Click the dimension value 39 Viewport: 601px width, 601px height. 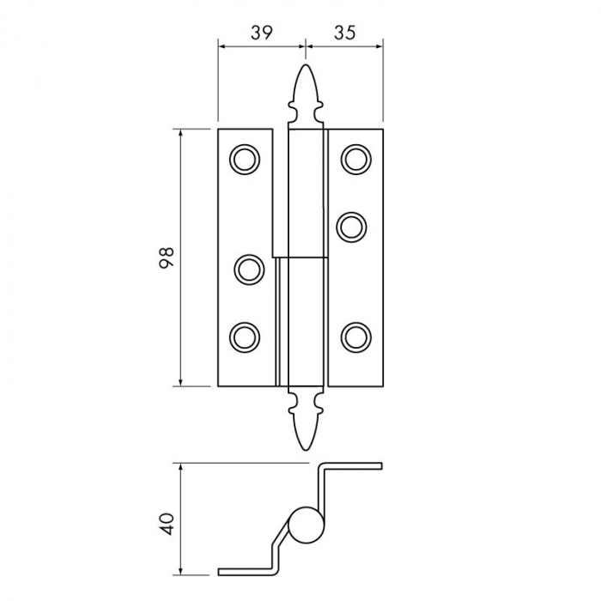pos(262,33)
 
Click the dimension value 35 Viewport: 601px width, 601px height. pos(345,33)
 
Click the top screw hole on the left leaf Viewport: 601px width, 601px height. pos(245,160)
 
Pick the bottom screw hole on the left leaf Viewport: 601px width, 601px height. pos(245,336)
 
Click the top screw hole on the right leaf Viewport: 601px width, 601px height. pos(355,160)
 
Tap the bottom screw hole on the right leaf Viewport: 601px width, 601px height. pos(355,336)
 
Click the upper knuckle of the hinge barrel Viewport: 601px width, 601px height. pos(307,193)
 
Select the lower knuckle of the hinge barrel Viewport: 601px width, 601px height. pos(302,322)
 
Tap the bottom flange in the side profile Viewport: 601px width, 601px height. pos(249,570)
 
